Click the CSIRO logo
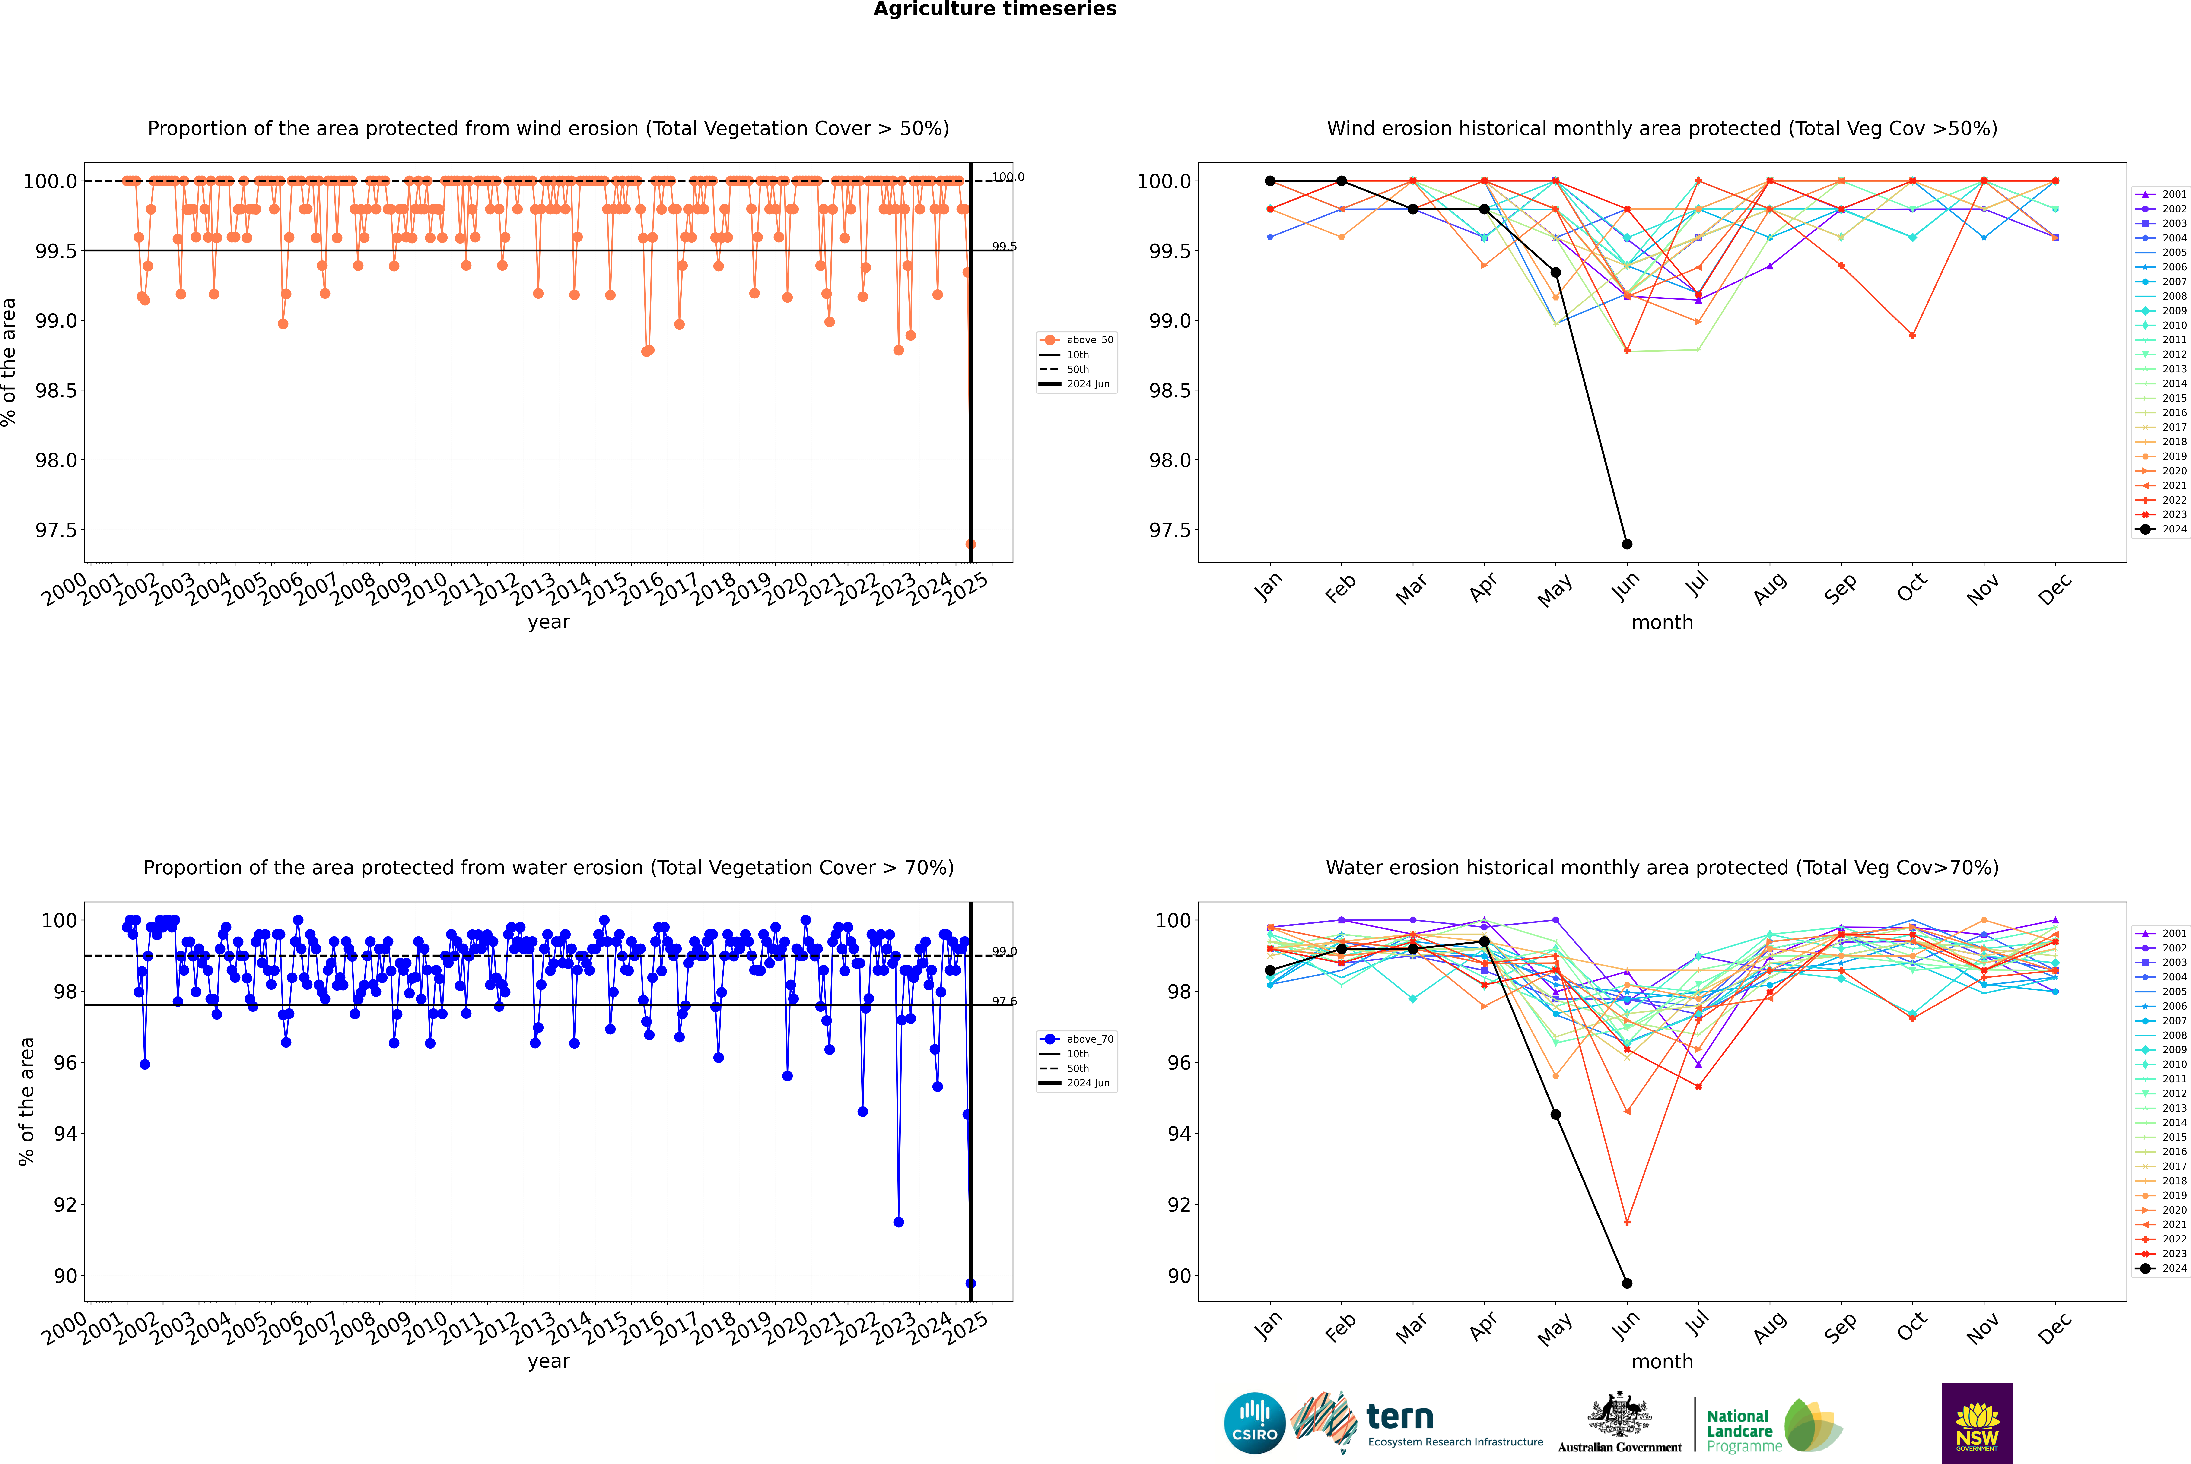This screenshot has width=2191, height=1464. click(x=1254, y=1423)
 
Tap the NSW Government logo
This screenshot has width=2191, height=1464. click(x=1977, y=1423)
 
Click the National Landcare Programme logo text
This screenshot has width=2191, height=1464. click(x=1739, y=1430)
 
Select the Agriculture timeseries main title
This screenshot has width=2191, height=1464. click(x=995, y=9)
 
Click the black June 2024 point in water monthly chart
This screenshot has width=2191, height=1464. click(x=1627, y=1283)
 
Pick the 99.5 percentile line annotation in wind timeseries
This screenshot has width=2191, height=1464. click(x=1004, y=247)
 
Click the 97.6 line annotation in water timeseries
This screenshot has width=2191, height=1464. click(x=1004, y=1001)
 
